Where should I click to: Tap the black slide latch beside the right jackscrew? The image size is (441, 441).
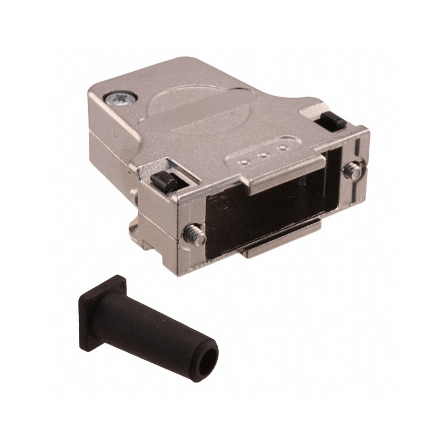(x=330, y=120)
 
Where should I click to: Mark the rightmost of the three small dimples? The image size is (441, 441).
(x=283, y=148)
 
